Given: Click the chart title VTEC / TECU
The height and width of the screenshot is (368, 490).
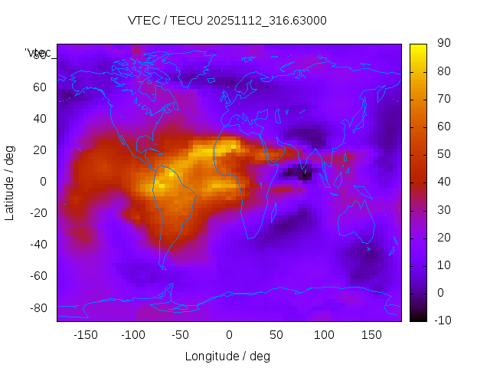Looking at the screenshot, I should click(227, 21).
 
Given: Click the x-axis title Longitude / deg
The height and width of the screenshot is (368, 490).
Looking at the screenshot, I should click(227, 356).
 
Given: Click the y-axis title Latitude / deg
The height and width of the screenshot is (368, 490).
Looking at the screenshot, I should click(10, 182).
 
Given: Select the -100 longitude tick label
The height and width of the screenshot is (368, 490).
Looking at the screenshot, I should click(132, 335).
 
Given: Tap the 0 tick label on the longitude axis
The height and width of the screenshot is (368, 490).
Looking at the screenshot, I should click(228, 335).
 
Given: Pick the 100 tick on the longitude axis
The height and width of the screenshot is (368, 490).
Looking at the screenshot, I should click(324, 335).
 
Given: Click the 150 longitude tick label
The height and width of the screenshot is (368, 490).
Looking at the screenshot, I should click(371, 335).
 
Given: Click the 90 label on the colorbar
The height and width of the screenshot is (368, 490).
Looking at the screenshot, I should click(443, 44).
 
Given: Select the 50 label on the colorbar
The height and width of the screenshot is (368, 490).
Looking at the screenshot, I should click(443, 154).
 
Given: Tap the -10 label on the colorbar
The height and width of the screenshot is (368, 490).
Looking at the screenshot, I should click(442, 320).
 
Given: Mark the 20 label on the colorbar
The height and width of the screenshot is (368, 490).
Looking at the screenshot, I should click(443, 238).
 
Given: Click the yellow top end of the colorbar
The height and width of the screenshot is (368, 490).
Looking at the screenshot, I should click(418, 48).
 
